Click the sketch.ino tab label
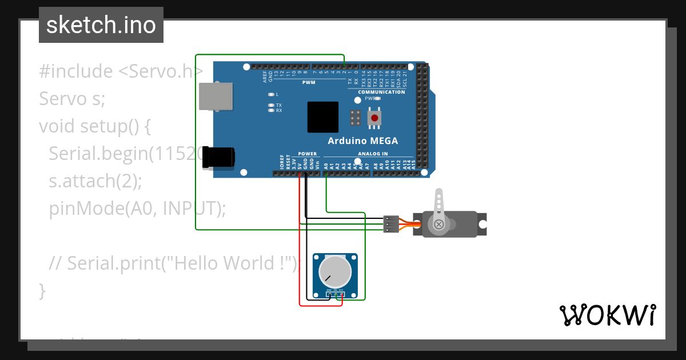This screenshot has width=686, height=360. click(x=101, y=25)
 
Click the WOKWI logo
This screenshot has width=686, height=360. click(x=607, y=315)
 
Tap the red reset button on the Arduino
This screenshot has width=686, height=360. click(x=374, y=118)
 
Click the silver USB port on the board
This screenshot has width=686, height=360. click(x=216, y=95)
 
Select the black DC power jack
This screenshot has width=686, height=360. click(x=218, y=157)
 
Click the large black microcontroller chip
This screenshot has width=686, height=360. click(x=322, y=117)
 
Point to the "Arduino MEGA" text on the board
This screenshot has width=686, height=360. click(x=362, y=141)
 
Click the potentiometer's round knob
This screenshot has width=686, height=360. click(x=335, y=271)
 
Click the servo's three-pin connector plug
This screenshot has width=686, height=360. click(x=391, y=224)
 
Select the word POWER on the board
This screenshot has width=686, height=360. click(x=308, y=154)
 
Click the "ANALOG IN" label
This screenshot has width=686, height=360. click(x=373, y=154)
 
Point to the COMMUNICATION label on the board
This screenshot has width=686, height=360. click(x=381, y=92)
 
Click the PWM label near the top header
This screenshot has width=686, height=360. click(x=309, y=82)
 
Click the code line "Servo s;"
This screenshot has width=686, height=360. click(x=72, y=99)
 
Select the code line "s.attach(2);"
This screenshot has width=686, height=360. click(x=95, y=181)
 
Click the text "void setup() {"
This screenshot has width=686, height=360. click(x=95, y=126)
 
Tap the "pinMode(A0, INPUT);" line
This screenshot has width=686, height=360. click(x=137, y=209)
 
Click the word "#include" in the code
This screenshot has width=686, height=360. click(x=76, y=71)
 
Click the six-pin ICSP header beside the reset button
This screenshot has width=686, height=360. click(x=355, y=118)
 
